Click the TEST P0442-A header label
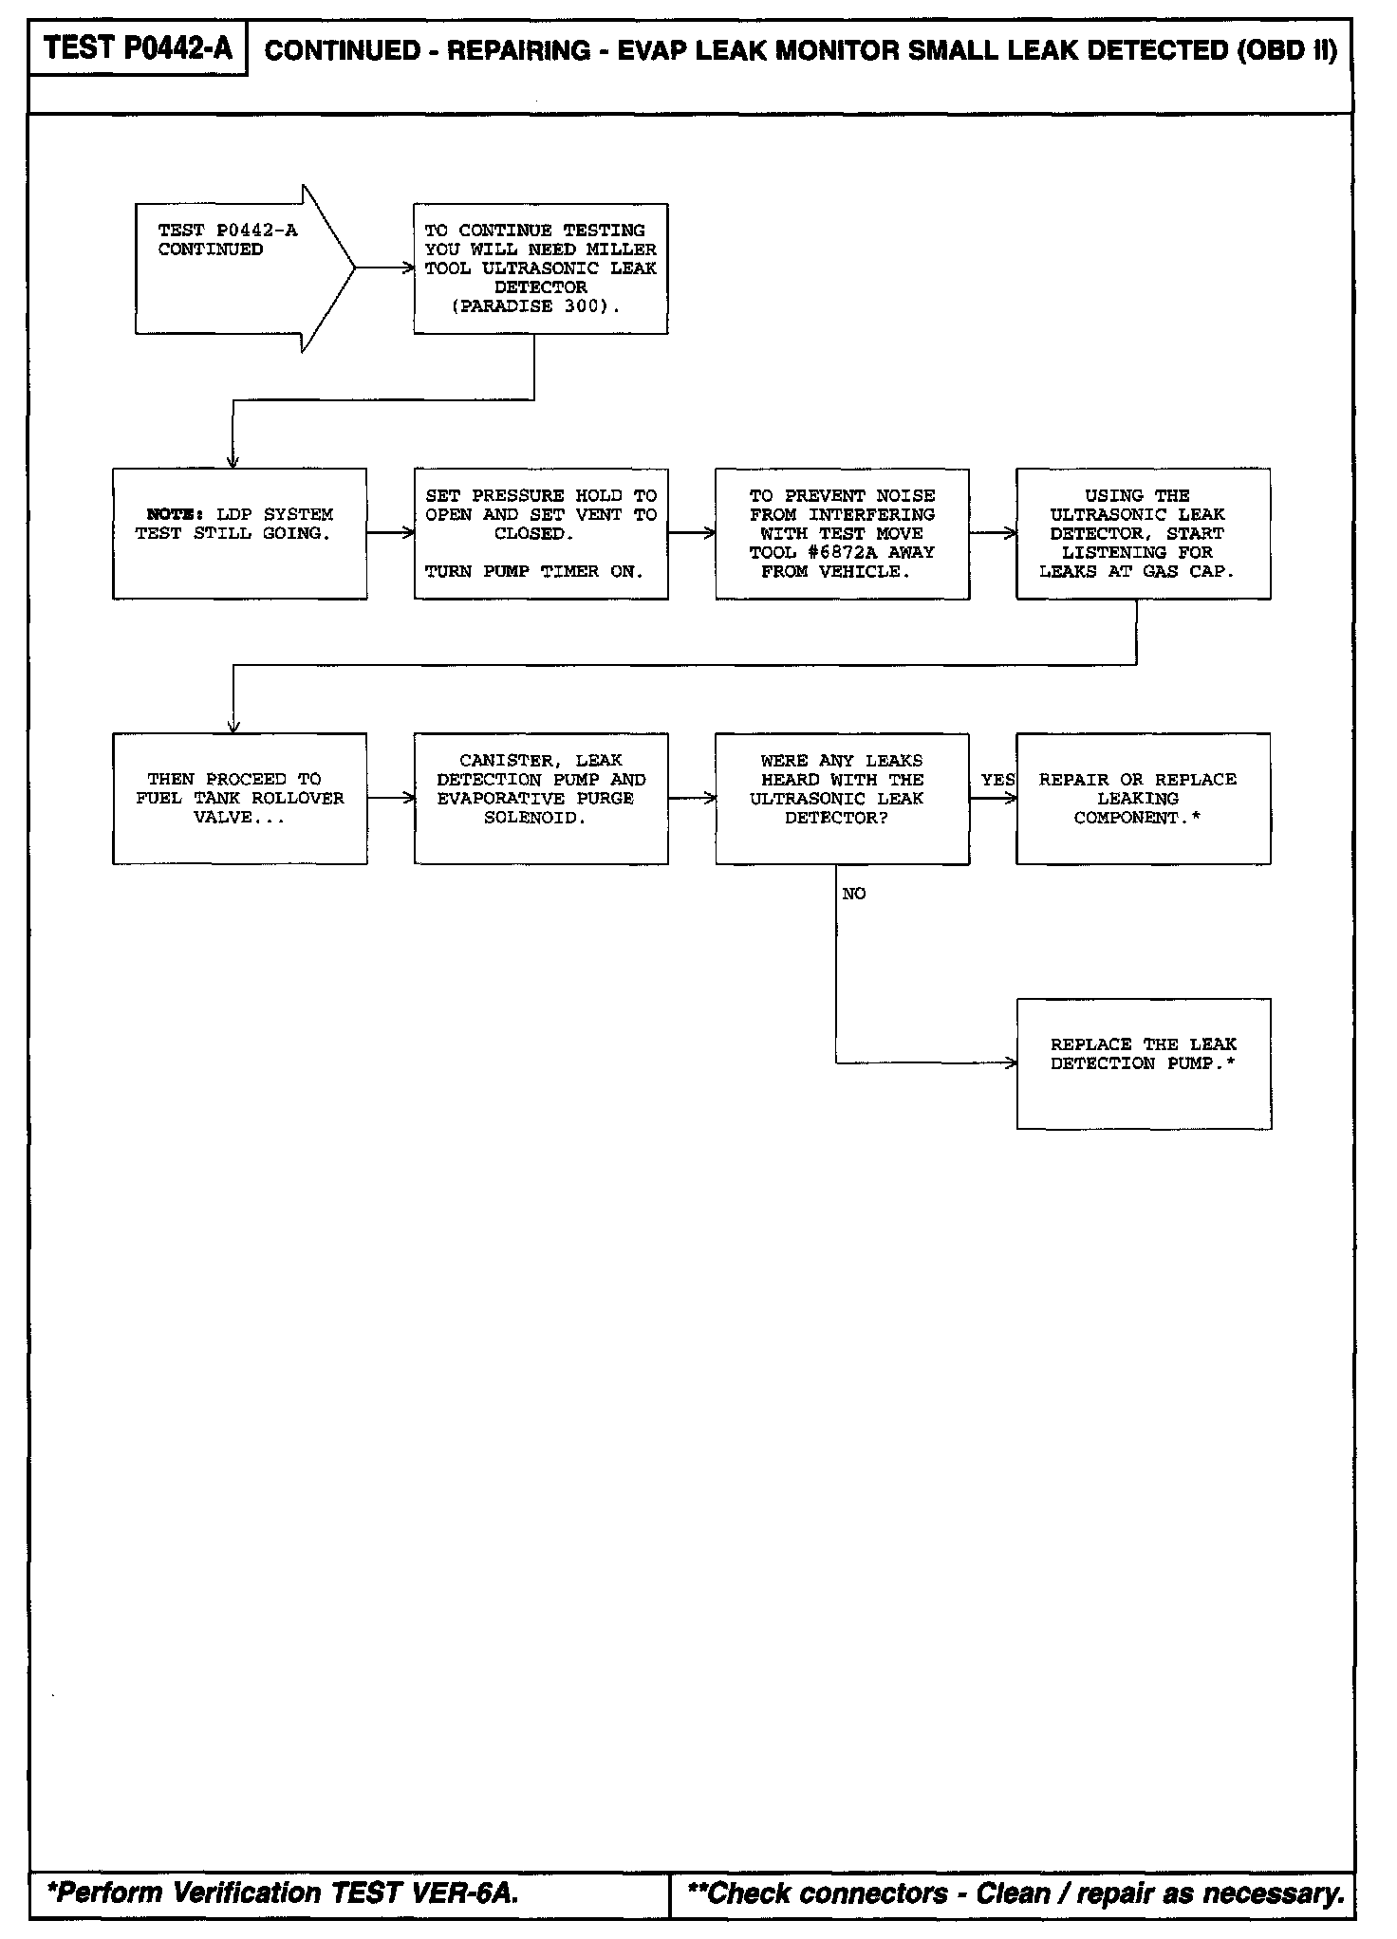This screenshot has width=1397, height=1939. click(138, 48)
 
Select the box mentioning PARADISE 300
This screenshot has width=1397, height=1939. click(540, 268)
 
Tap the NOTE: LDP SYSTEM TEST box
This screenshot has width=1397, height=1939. click(239, 533)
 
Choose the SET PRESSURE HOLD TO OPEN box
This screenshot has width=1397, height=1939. click(540, 533)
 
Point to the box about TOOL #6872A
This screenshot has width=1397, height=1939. click(842, 533)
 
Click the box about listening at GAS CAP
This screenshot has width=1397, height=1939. click(1143, 533)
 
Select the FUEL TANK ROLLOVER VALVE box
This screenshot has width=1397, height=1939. click(239, 798)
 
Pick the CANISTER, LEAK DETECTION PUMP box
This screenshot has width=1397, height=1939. click(540, 798)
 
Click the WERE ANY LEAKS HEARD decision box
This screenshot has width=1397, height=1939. click(842, 798)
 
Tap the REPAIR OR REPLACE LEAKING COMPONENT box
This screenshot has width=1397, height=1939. click(1143, 798)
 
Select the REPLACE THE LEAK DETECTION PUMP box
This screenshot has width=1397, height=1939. click(1143, 1063)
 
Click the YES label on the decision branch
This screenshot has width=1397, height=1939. click(997, 780)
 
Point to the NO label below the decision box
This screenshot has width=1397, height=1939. click(853, 894)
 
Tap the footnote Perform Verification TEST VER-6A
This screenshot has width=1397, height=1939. click(283, 1893)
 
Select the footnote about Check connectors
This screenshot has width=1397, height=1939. click(1015, 1893)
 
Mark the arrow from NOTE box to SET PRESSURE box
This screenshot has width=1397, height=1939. click(390, 533)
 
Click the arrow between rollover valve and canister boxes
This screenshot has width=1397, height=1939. click(390, 798)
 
